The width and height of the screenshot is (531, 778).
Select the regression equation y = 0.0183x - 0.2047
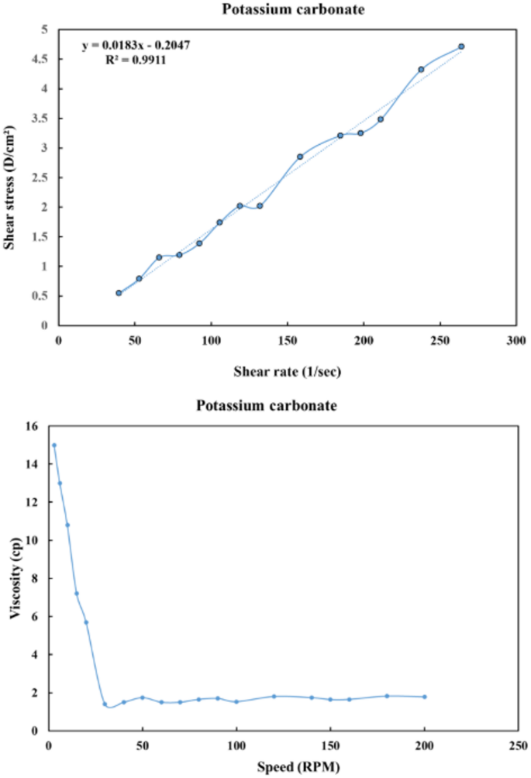(136, 46)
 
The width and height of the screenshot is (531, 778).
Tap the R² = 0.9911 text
(136, 59)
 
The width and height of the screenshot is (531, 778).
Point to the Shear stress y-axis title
(13, 188)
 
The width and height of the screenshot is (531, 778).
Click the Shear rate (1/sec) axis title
(287, 371)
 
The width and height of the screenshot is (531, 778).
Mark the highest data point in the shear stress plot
(461, 46)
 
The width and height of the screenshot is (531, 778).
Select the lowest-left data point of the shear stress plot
(119, 293)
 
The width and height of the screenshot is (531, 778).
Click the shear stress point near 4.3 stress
(421, 70)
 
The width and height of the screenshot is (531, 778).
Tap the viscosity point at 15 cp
(54, 446)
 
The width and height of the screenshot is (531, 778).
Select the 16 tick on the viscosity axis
(33, 426)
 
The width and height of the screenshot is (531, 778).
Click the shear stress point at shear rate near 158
(300, 157)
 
